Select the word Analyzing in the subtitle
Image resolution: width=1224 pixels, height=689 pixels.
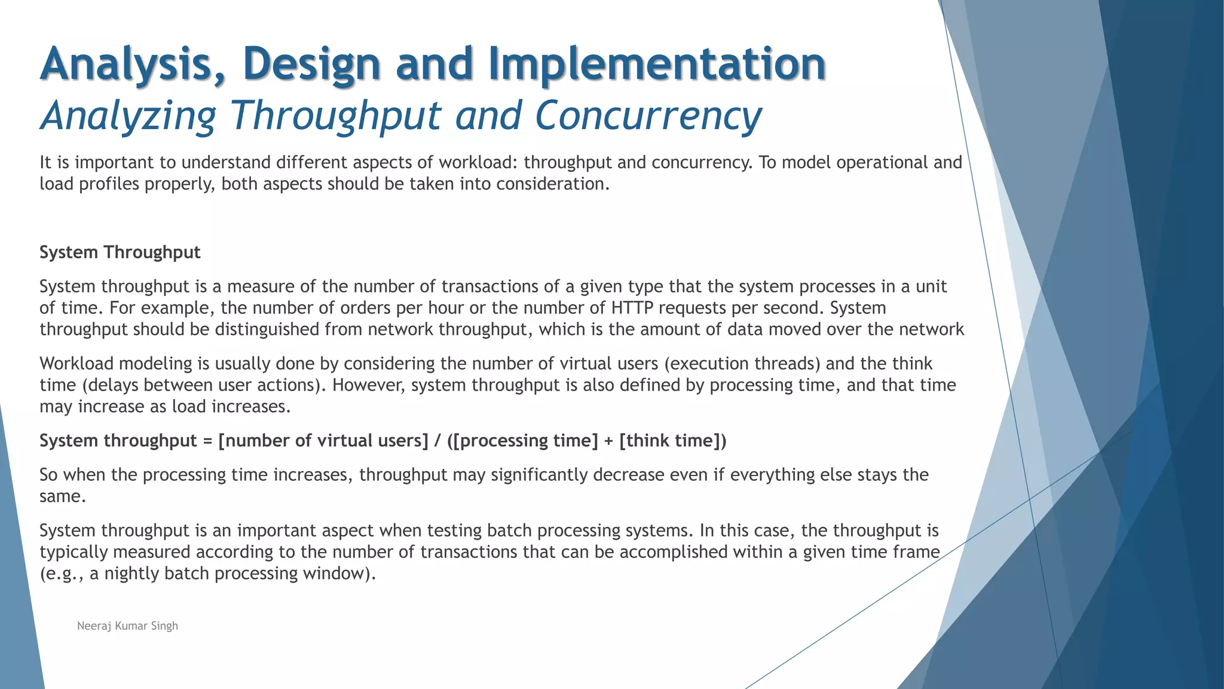click(x=128, y=115)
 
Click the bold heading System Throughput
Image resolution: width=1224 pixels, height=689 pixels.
click(x=120, y=252)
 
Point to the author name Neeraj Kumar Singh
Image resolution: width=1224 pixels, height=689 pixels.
click(x=127, y=626)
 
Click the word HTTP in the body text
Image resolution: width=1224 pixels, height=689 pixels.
click(x=632, y=308)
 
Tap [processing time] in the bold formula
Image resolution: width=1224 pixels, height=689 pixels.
click(x=528, y=441)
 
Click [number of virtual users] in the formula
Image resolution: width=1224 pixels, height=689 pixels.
click(x=323, y=441)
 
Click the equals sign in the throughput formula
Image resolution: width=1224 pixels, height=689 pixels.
click(x=207, y=441)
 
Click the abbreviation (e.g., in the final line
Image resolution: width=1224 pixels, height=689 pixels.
click(x=62, y=574)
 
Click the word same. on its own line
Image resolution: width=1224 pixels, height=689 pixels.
click(x=63, y=496)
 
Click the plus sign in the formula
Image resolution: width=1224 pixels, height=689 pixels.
click(x=608, y=441)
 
